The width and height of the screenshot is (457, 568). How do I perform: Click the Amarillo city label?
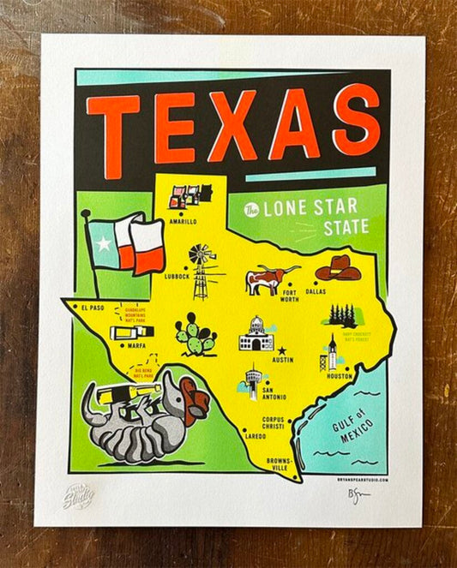click(182, 221)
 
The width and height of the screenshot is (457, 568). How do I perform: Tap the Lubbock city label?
click(176, 277)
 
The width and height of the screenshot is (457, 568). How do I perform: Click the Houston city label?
click(340, 375)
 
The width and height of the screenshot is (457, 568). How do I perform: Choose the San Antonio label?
click(274, 393)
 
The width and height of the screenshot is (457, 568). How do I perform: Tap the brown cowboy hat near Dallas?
click(338, 268)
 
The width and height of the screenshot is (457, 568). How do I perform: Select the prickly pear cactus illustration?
click(195, 334)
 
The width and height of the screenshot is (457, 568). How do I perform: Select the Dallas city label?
click(316, 291)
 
